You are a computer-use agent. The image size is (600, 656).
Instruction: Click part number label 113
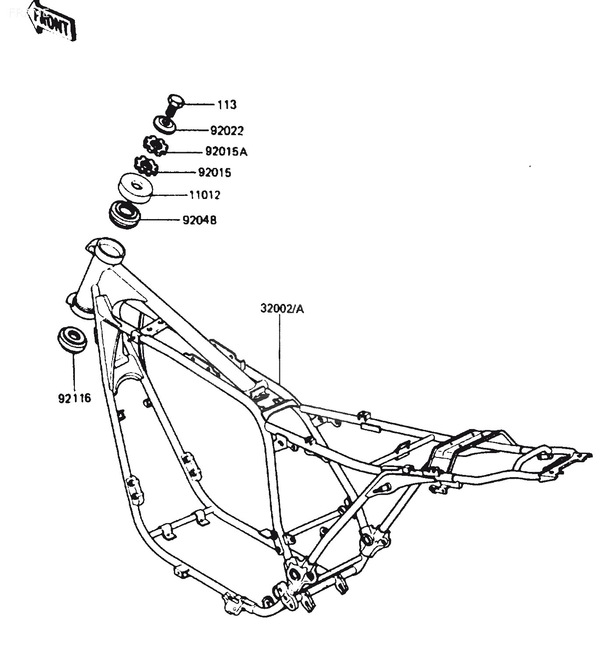[x=227, y=105]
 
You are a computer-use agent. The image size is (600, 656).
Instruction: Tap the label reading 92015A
[x=226, y=152]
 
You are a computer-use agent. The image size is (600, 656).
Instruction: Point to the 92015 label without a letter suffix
[x=215, y=173]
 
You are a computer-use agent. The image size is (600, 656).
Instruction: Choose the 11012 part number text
[x=205, y=195]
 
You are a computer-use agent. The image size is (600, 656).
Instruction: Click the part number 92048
[x=199, y=220]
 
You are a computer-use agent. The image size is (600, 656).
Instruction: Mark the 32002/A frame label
[x=282, y=309]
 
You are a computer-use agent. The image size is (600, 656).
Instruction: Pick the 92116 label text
[x=74, y=398]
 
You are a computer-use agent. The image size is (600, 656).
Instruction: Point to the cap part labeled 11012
[x=135, y=188]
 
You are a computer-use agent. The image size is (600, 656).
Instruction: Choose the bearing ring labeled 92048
[x=125, y=214]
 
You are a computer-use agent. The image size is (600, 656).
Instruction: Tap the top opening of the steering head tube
[x=110, y=249]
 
